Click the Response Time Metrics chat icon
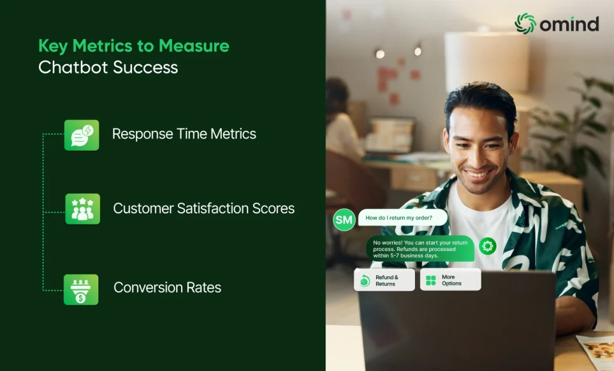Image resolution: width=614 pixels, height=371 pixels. (x=82, y=135)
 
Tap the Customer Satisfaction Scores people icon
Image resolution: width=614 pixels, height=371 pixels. (x=83, y=209)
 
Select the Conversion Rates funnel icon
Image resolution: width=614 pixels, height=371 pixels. (x=81, y=290)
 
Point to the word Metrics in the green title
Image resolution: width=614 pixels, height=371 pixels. (x=103, y=46)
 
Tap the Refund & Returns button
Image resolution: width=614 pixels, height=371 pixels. (x=384, y=280)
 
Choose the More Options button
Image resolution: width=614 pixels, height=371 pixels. (x=450, y=280)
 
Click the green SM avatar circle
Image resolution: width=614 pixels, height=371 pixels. (x=344, y=220)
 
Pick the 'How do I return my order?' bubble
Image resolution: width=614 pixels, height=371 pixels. (x=403, y=218)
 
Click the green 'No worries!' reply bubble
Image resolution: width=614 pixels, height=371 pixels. (x=420, y=249)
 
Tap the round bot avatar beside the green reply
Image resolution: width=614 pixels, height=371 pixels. (x=487, y=246)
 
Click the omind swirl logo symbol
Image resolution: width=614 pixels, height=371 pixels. (x=525, y=23)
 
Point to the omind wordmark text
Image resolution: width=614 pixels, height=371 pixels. (x=570, y=24)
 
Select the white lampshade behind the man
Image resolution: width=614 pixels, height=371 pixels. (x=487, y=62)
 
